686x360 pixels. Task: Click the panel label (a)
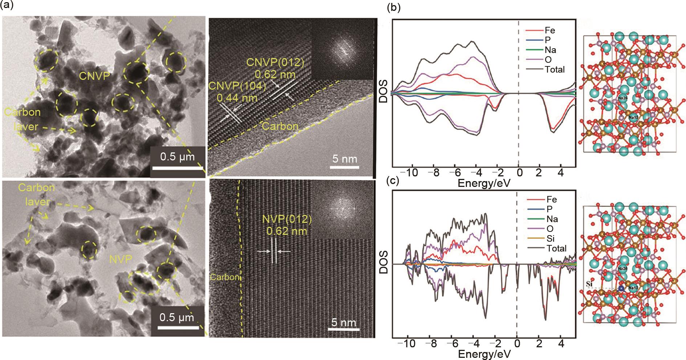point(8,7)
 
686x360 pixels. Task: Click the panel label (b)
point(394,8)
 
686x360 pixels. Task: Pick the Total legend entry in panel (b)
point(555,69)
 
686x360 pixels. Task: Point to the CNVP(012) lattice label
point(275,62)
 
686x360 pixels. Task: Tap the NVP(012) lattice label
point(287,220)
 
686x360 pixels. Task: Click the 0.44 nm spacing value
point(237,98)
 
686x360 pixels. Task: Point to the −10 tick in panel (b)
point(411,172)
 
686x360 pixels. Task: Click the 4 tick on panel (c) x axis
point(561,343)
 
